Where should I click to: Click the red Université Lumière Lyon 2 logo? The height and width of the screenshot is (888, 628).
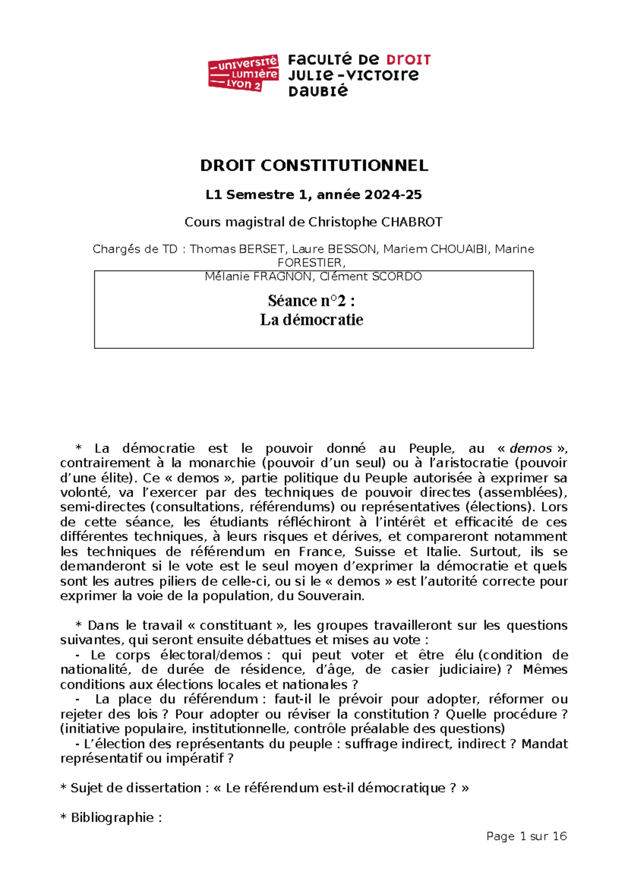(x=243, y=73)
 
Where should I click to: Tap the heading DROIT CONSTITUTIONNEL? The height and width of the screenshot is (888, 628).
(x=314, y=165)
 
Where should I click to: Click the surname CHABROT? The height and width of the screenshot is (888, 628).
(x=411, y=222)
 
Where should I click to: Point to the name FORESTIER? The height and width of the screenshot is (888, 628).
(x=311, y=262)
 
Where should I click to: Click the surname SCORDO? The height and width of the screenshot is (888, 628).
(x=396, y=276)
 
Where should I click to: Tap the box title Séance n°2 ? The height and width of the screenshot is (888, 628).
(x=311, y=301)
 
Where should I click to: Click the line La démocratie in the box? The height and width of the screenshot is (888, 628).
(x=311, y=320)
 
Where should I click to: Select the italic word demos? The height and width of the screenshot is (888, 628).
(x=531, y=448)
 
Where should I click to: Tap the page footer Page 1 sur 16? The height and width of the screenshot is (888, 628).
(x=526, y=836)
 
